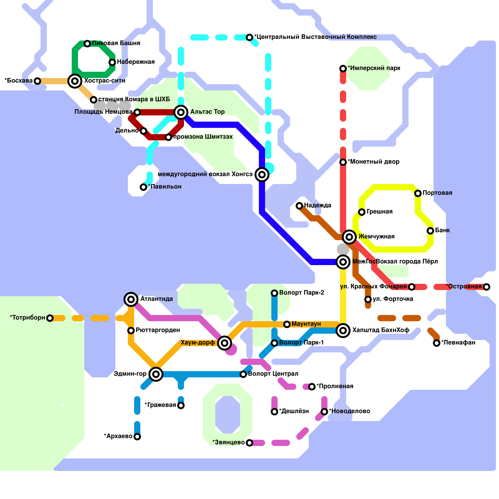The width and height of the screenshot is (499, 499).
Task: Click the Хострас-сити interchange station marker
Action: coord(75,81)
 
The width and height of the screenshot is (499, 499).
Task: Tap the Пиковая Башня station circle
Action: coord(87,44)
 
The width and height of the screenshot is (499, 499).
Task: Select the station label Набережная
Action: coord(136,62)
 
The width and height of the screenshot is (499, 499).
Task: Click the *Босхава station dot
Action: coord(37,81)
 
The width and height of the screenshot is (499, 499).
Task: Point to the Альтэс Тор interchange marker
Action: coord(181,112)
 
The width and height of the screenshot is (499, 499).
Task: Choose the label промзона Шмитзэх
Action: coord(203,137)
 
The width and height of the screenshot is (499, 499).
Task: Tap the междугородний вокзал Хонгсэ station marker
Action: coord(262,175)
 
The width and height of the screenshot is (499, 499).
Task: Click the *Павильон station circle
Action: coord(143,187)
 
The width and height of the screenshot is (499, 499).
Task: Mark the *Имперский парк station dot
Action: coord(343,69)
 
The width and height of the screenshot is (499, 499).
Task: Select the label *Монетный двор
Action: coord(374,162)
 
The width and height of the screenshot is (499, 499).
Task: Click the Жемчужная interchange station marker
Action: coord(349,237)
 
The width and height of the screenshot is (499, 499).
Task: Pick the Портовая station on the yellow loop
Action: coord(418,193)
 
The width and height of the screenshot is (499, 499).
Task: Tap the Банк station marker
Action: coord(430,231)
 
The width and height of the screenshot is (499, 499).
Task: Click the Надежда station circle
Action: coord(299,206)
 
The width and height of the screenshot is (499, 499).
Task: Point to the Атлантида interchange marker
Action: coord(131,299)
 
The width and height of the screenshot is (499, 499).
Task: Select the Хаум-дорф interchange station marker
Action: coord(225,343)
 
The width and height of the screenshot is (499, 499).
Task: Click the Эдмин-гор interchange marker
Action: coord(156,374)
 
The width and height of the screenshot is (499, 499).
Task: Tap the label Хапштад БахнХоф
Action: coord(380,330)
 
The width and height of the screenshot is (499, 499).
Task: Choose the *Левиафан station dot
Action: coord(437,343)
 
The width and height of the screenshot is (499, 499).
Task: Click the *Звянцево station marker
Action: coord(249,443)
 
